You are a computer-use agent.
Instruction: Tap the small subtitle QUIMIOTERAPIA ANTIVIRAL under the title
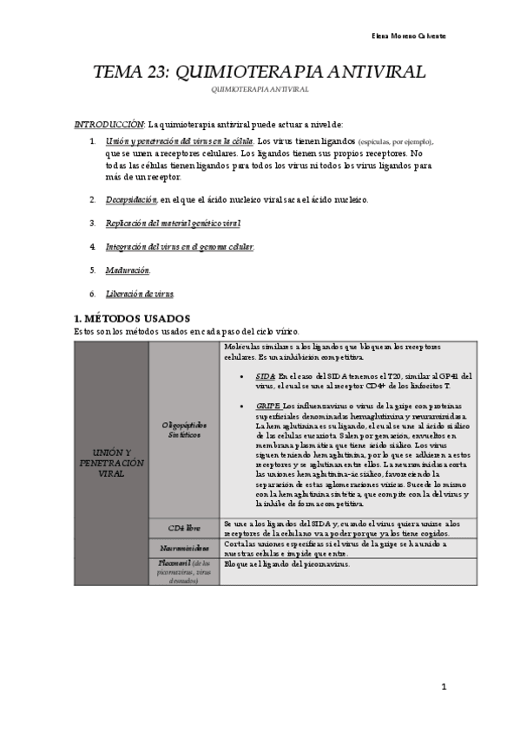point(259,89)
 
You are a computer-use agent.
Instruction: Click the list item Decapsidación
point(131,199)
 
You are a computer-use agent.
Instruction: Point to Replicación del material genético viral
point(173,223)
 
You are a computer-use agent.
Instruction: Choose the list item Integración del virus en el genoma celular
point(180,247)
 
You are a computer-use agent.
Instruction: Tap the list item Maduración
point(128,270)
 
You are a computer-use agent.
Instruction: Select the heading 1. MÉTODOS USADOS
point(132,318)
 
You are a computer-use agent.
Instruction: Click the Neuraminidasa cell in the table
point(185,548)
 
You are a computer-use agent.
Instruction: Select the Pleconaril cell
point(185,571)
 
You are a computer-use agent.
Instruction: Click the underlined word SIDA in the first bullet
point(265,375)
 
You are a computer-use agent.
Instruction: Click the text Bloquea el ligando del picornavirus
point(286,564)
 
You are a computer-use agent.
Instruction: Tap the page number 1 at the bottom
point(443,687)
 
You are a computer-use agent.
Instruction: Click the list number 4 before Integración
point(93,247)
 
